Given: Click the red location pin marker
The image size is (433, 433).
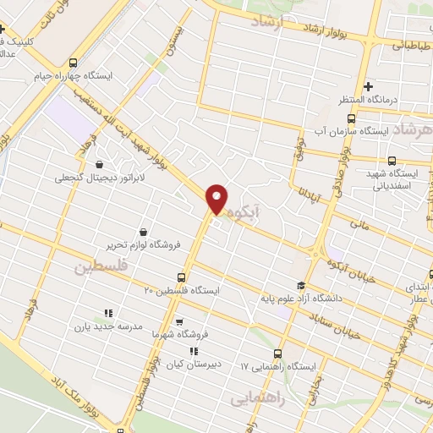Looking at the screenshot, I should pyautogui.click(x=216, y=199).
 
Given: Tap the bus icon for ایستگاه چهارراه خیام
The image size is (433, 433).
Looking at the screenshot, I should pyautogui.click(x=73, y=63).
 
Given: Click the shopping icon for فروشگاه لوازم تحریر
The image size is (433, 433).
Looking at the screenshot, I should pyautogui.click(x=142, y=232).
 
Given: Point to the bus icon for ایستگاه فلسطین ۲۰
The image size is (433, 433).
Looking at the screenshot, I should pyautogui.click(x=181, y=277).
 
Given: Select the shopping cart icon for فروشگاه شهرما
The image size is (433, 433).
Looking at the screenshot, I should pyautogui.click(x=179, y=321).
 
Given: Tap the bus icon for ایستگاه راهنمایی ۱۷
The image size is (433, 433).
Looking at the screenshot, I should pyautogui.click(x=277, y=354).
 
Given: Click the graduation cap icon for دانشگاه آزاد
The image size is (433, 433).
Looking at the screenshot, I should pyautogui.click(x=300, y=284).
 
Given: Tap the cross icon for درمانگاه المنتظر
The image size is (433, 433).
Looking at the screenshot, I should pyautogui.click(x=368, y=86).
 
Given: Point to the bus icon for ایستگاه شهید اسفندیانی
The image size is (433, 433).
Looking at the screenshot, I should pyautogui.click(x=392, y=161).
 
